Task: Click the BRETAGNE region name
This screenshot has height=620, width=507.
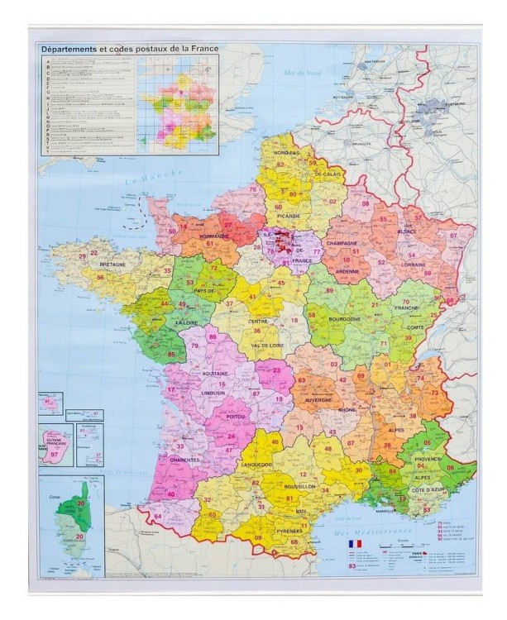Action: (112, 265)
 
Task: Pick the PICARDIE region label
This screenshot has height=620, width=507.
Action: (288, 217)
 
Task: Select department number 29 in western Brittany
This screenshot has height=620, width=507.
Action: (82, 256)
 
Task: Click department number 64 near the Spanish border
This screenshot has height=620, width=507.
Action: (157, 517)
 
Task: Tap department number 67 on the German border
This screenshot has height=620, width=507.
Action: (453, 236)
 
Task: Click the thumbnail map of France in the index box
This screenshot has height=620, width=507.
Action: (179, 107)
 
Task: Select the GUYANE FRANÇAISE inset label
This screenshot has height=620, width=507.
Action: (56, 442)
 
